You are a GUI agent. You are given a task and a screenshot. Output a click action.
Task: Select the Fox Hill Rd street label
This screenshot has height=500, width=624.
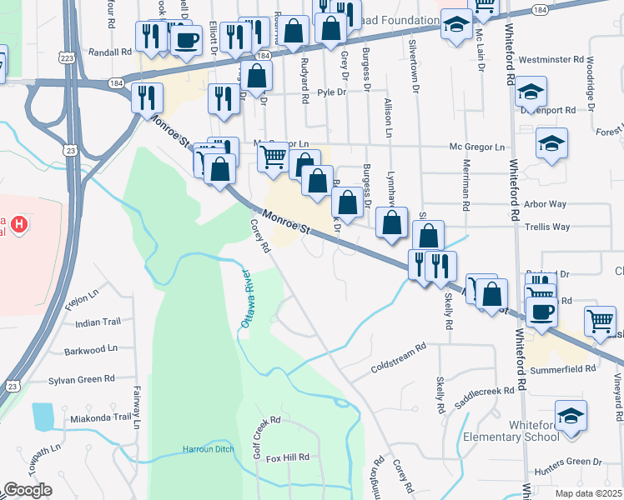[287, 457]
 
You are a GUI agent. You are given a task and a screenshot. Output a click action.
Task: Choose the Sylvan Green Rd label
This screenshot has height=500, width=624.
[82, 379]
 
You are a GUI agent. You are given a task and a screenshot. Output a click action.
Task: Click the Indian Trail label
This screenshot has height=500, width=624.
[98, 322]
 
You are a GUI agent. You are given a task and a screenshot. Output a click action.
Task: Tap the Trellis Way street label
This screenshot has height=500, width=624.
[548, 227]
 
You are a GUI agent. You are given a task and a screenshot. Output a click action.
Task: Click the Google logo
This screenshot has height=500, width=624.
[28, 489]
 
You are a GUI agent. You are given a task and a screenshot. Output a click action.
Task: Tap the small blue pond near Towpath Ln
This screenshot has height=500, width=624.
[42, 417]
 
